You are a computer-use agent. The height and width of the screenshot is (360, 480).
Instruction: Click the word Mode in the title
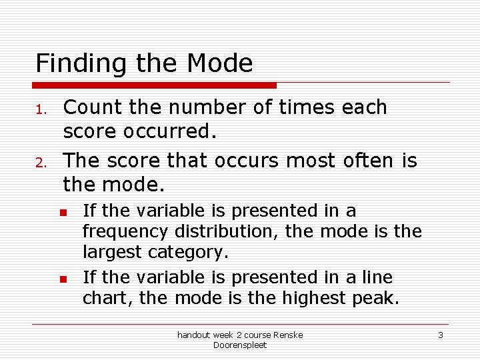click(220, 64)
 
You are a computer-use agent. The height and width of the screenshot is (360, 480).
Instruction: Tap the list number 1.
click(40, 109)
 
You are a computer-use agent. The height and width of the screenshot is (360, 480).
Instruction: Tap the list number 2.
click(40, 163)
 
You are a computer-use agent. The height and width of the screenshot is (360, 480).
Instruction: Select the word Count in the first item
click(90, 107)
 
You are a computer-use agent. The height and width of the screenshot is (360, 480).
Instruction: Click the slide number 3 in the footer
click(441, 335)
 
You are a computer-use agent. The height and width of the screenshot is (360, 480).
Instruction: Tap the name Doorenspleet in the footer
click(240, 345)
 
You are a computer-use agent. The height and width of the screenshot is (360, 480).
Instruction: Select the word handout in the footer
click(194, 335)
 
